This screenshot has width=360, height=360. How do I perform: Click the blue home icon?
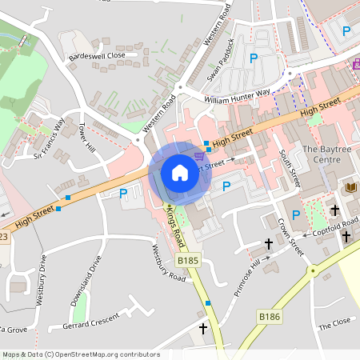tap(180, 173)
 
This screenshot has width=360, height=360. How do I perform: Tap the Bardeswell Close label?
tap(98, 56)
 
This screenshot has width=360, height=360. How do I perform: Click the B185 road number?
tap(188, 261)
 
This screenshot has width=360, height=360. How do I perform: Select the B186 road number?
tap(270, 318)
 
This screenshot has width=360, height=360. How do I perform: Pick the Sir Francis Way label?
tap(50, 138)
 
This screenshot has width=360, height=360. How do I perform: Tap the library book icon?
tap(350, 187)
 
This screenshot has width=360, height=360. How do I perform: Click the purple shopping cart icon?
tap(199, 157)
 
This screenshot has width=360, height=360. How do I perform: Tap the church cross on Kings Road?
tap(203, 328)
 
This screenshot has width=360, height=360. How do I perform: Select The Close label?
tap(335, 326)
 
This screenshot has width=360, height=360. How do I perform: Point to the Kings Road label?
tap(176, 226)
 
